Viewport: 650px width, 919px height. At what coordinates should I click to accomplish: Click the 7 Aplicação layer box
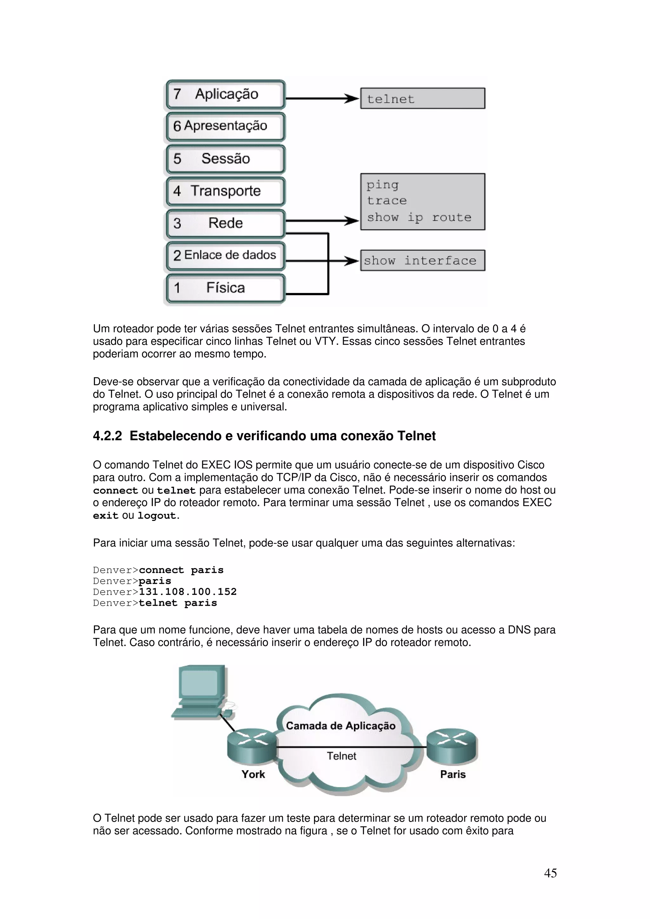[225, 95]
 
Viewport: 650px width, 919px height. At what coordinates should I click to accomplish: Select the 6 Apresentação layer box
[225, 127]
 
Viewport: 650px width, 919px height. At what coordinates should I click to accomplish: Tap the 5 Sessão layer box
[225, 159]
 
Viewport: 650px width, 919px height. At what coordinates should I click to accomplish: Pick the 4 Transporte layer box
[225, 191]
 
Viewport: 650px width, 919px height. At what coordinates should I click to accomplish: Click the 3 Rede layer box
[225, 223]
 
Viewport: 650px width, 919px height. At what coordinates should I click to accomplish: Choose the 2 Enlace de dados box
[225, 255]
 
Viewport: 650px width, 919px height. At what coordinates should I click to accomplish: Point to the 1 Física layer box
[225, 288]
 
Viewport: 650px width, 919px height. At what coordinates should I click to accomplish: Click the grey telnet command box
[422, 98]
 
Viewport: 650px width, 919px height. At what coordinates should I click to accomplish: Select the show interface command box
[422, 261]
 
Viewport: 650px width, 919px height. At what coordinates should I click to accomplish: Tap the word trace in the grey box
[387, 200]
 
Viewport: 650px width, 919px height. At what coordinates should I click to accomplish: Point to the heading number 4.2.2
[107, 436]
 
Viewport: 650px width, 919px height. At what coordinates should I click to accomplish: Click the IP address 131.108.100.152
[188, 592]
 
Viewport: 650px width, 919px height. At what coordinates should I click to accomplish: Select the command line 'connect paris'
[181, 570]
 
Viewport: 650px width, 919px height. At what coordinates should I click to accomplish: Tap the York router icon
[251, 746]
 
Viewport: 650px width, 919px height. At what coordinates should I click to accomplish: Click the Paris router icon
[452, 745]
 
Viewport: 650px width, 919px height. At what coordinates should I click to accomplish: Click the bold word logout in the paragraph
[156, 516]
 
